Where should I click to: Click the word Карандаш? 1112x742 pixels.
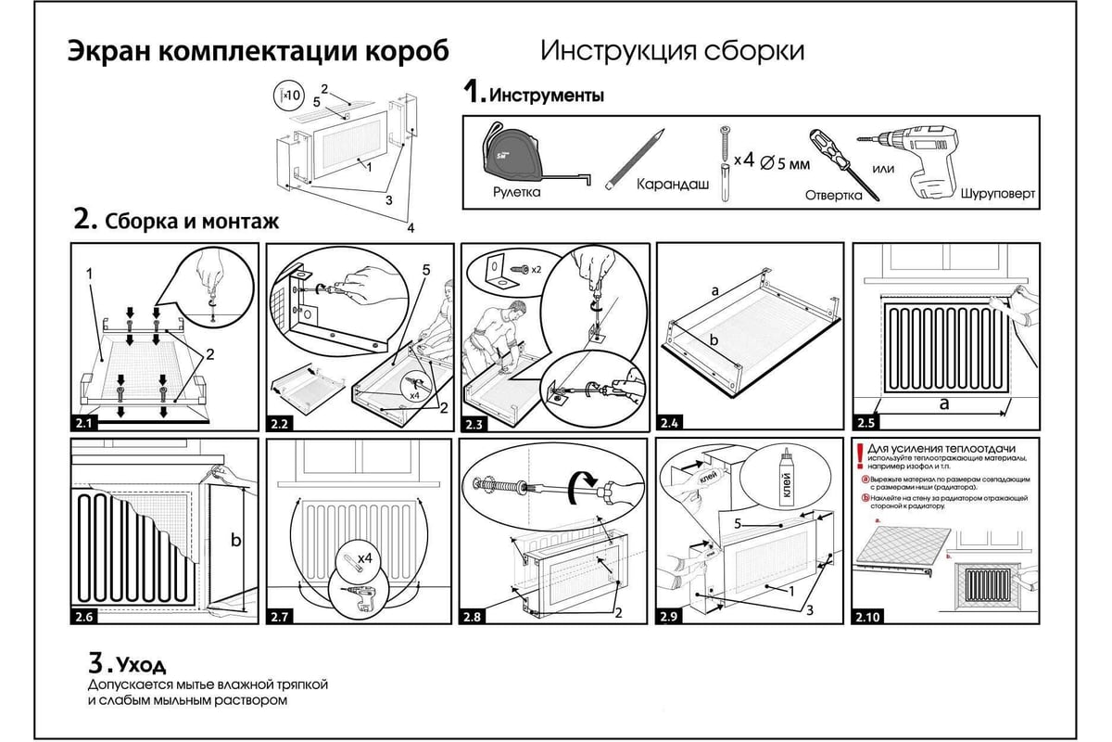click(x=673, y=185)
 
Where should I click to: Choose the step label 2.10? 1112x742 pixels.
click(x=868, y=617)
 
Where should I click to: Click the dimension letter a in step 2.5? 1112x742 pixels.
click(x=944, y=404)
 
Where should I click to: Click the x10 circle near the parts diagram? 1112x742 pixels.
click(x=289, y=95)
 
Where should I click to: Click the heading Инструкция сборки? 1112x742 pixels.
click(x=672, y=50)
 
